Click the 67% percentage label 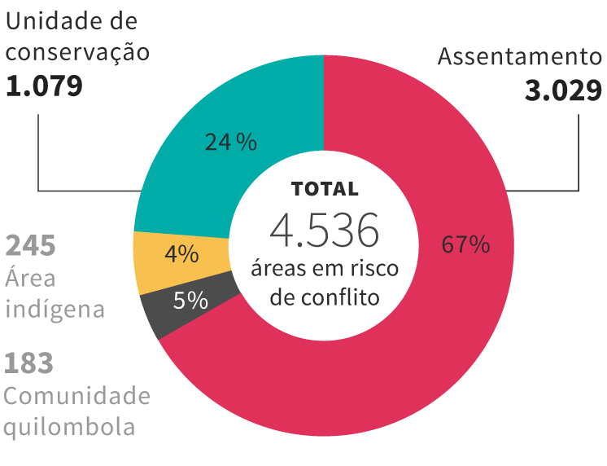click(465, 244)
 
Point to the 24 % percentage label click(231, 142)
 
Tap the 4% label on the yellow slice click(181, 254)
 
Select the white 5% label click(190, 300)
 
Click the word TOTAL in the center click(325, 189)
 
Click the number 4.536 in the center click(325, 231)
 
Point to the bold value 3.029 click(563, 90)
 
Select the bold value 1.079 click(44, 86)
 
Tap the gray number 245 click(30, 245)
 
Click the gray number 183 click(28, 363)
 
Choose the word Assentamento click(520, 56)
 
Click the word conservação click(77, 52)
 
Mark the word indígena click(55, 310)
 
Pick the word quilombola click(69, 427)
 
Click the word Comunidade click(77, 396)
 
